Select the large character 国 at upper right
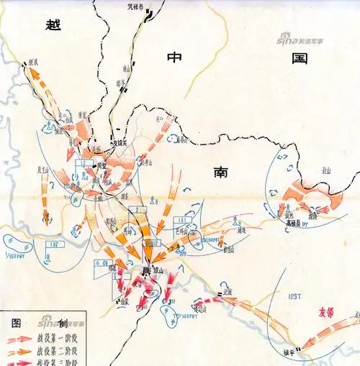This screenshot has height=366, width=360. pyautogui.click(x=300, y=58)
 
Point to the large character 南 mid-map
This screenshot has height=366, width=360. pyautogui.click(x=221, y=172)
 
